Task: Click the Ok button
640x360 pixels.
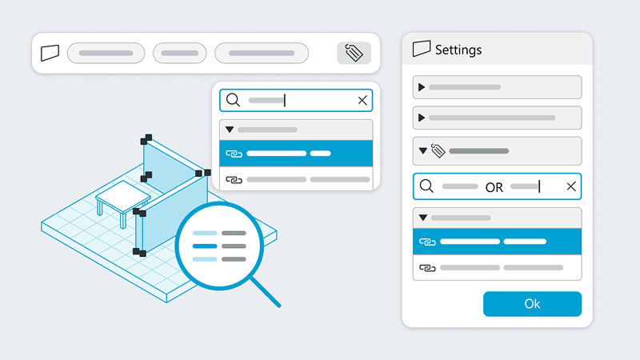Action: (x=532, y=304)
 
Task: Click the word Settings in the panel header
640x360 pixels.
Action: (x=458, y=50)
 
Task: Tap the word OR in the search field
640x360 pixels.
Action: (x=494, y=187)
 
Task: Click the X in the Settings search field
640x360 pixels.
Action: (x=571, y=186)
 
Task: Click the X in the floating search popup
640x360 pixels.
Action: (x=362, y=101)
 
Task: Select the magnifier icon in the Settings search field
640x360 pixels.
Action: (x=426, y=186)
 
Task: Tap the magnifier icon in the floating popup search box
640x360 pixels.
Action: (x=233, y=100)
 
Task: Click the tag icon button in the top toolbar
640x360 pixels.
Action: (x=354, y=53)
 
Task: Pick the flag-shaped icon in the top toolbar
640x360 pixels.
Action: (x=50, y=53)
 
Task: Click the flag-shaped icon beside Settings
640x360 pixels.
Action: (x=422, y=49)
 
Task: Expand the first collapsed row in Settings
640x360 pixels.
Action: (x=422, y=87)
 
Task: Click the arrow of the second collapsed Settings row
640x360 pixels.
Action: (x=422, y=118)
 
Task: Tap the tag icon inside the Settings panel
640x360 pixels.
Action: (x=438, y=151)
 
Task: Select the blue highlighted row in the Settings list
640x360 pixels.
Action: (x=497, y=242)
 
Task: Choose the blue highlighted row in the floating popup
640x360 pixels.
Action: (x=296, y=154)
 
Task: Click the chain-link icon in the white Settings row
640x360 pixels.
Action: (x=427, y=268)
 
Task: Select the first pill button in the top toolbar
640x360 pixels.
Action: (x=106, y=53)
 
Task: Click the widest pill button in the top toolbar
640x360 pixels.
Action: (x=262, y=53)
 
